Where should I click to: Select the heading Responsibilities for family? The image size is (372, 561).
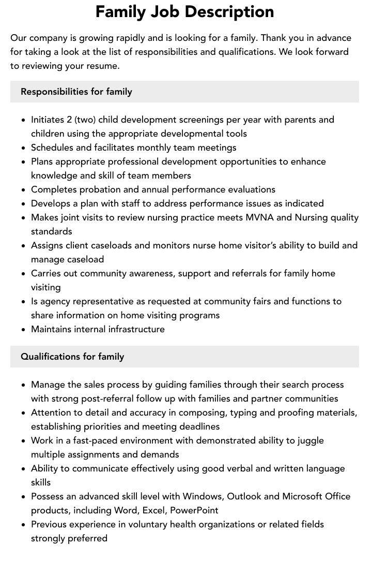pyautogui.click(x=76, y=92)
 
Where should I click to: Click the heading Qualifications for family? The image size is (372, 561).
pyautogui.click(x=72, y=357)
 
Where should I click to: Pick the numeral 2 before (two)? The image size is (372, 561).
pyautogui.click(x=69, y=120)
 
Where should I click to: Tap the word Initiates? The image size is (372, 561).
pyautogui.click(x=48, y=120)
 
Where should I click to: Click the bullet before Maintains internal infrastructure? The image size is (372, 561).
pyautogui.click(x=24, y=330)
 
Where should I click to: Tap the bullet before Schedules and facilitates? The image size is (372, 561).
pyautogui.click(x=24, y=148)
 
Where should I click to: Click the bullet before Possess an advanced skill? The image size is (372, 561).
pyautogui.click(x=24, y=497)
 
